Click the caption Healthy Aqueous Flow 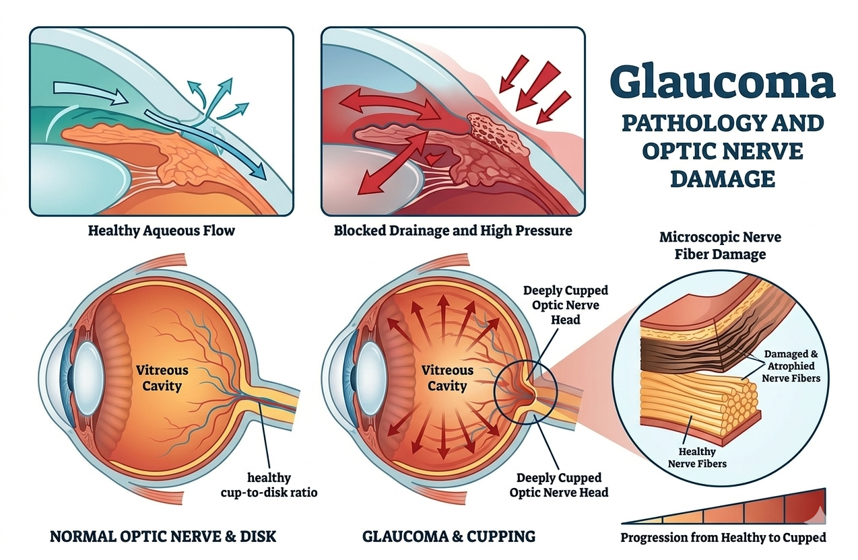162,231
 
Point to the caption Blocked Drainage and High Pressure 453,231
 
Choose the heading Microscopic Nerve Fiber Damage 720,246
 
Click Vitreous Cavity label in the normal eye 162,378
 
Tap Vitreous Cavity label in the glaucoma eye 447,378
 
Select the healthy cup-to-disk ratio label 269,485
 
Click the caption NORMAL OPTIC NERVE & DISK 163,536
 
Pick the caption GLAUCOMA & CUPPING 449,536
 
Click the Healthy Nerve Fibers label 697,457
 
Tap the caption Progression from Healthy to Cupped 723,537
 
